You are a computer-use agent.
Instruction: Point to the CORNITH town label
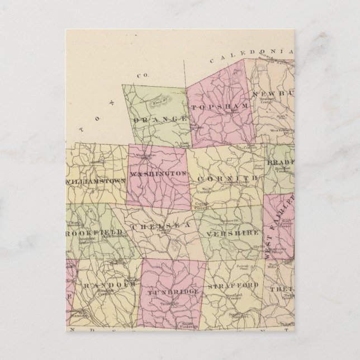(226, 178)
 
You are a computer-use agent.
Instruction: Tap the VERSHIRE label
(231, 231)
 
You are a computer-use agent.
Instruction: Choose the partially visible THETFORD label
(278, 289)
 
